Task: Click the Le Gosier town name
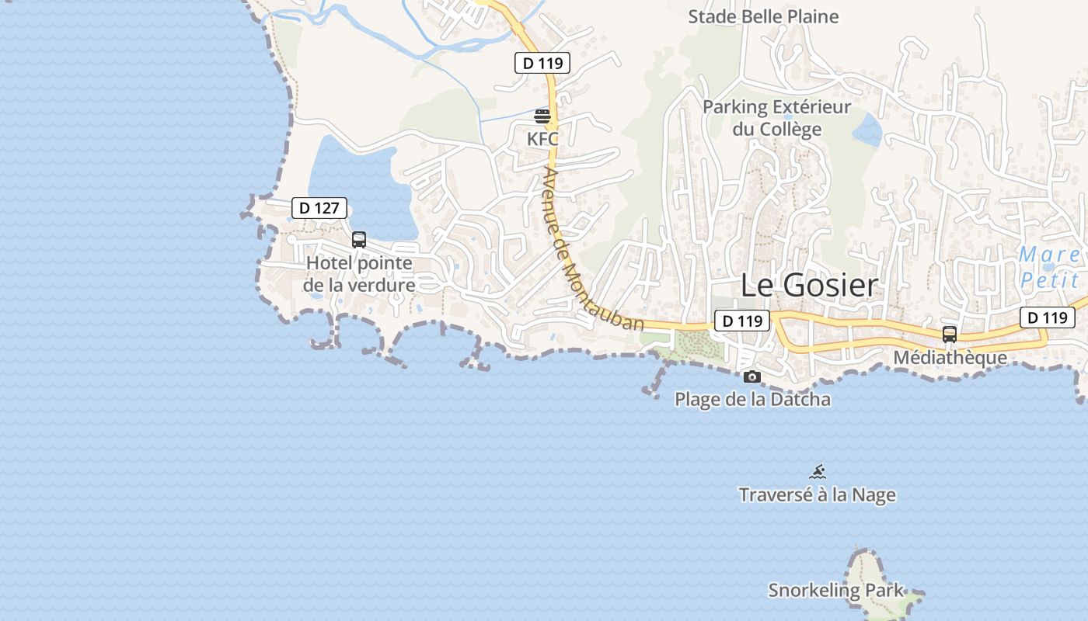809,285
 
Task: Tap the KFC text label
542,139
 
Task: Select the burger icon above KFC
542,116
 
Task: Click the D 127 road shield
319,208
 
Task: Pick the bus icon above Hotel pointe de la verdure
358,240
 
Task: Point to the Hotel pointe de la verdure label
359,274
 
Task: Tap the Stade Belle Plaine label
763,16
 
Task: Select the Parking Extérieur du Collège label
776,117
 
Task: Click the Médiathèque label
950,358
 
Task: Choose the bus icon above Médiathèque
949,335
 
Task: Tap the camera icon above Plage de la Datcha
751,377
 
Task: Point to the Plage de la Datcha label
752,400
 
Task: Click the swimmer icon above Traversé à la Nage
818,472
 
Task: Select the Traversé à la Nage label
817,495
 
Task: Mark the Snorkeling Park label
836,590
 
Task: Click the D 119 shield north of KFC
542,63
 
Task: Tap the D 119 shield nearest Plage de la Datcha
741,320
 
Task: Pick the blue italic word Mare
1048,255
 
